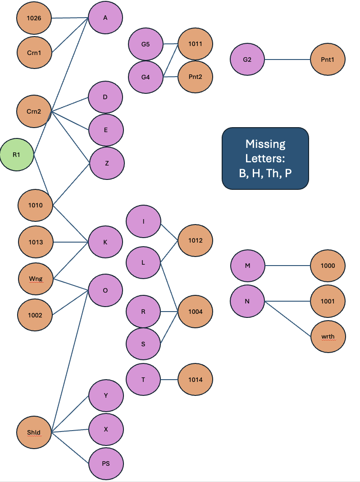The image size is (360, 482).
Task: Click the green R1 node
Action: tap(17, 155)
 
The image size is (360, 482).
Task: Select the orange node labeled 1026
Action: tap(34, 18)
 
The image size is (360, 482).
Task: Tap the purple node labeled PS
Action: tap(106, 464)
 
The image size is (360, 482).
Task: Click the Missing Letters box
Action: tap(265, 158)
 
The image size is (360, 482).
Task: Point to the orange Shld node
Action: tap(34, 432)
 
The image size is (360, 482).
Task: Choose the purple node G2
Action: tap(247, 60)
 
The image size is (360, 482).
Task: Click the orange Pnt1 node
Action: tap(328, 60)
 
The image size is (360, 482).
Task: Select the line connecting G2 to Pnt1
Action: tap(287, 60)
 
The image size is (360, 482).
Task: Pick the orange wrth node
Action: tap(328, 337)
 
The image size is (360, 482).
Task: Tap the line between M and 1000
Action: tap(287, 266)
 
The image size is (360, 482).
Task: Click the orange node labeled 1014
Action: tap(196, 380)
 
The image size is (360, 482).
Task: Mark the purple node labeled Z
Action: tap(107, 163)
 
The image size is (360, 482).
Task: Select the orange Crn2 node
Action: tap(34, 111)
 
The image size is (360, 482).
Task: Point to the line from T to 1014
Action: tap(169, 380)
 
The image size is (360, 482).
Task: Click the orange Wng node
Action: tap(36, 279)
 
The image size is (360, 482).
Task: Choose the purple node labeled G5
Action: tap(146, 44)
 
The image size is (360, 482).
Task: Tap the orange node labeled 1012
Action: tap(196, 240)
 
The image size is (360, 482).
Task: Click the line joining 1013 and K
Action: tap(71, 242)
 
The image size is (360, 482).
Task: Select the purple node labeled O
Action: tap(105, 290)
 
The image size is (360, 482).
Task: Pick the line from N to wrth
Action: tap(287, 319)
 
